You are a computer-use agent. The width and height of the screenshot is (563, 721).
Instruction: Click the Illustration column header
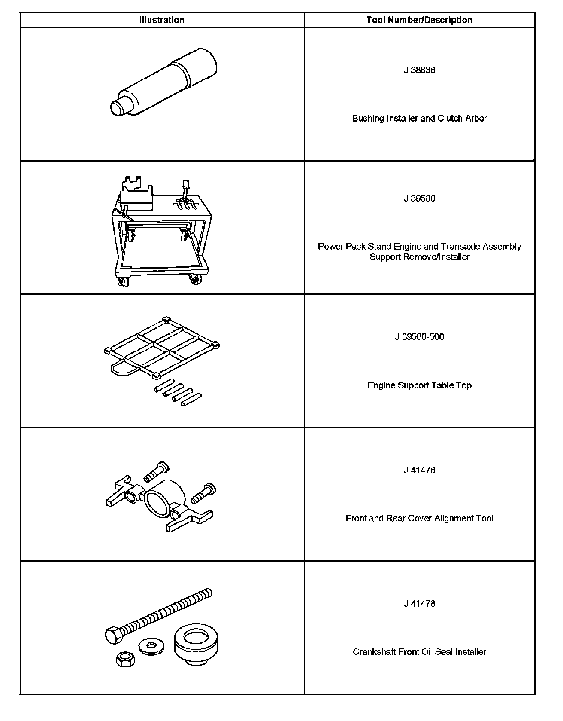[162, 20]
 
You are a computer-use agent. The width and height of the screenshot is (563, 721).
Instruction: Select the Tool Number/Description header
[419, 20]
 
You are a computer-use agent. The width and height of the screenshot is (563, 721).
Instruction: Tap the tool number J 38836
[419, 70]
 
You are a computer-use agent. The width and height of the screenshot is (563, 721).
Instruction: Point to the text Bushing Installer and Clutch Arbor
[419, 119]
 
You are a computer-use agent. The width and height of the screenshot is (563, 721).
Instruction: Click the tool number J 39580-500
[419, 337]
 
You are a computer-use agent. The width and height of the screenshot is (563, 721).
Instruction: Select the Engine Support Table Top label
[419, 385]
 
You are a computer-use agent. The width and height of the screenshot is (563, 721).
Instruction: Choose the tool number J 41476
[419, 470]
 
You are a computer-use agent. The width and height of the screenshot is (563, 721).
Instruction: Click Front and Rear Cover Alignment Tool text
[419, 519]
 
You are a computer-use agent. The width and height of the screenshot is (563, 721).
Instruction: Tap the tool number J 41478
[419, 604]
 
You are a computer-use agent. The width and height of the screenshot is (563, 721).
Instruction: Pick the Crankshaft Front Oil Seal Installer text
[419, 652]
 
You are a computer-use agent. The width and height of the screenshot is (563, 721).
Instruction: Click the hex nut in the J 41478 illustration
[126, 660]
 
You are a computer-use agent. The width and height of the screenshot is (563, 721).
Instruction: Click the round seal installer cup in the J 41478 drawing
[196, 642]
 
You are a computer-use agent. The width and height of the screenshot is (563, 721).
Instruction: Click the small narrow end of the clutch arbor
[117, 107]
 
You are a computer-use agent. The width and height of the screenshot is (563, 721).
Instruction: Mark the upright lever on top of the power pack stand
[186, 189]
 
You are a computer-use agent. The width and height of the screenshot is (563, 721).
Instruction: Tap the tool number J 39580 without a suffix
[419, 199]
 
